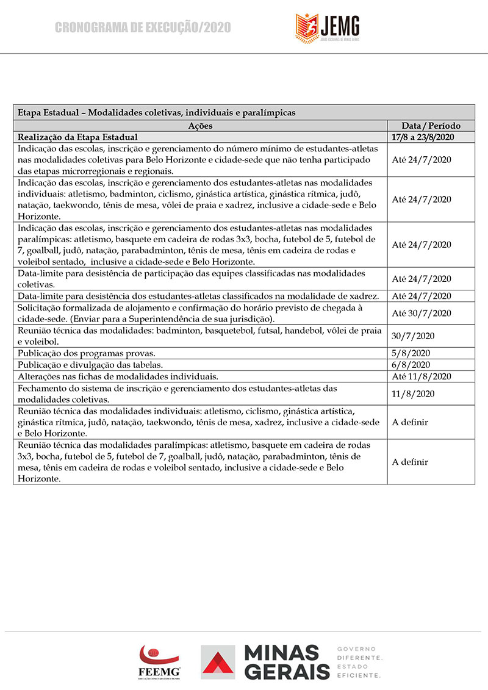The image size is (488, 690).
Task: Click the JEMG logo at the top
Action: point(328,26)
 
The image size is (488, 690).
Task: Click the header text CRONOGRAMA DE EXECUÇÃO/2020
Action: point(143,27)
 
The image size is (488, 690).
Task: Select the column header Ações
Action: point(200,126)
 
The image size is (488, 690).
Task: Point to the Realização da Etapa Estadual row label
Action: point(78,137)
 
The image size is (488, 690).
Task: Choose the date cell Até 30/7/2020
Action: point(422,313)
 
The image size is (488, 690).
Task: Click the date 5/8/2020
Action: point(411,353)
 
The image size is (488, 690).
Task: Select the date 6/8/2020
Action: point(411,364)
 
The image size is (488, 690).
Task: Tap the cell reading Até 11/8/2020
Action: point(422,376)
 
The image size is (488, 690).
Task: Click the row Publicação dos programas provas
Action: point(87,353)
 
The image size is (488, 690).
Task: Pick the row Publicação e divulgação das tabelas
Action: point(95,364)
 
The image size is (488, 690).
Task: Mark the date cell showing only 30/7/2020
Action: point(414,336)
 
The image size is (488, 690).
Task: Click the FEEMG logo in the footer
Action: point(160,661)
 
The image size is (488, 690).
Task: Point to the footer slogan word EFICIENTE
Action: point(359,675)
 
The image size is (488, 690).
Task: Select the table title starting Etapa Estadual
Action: point(157,113)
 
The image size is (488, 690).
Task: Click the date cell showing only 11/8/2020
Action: point(414,394)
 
